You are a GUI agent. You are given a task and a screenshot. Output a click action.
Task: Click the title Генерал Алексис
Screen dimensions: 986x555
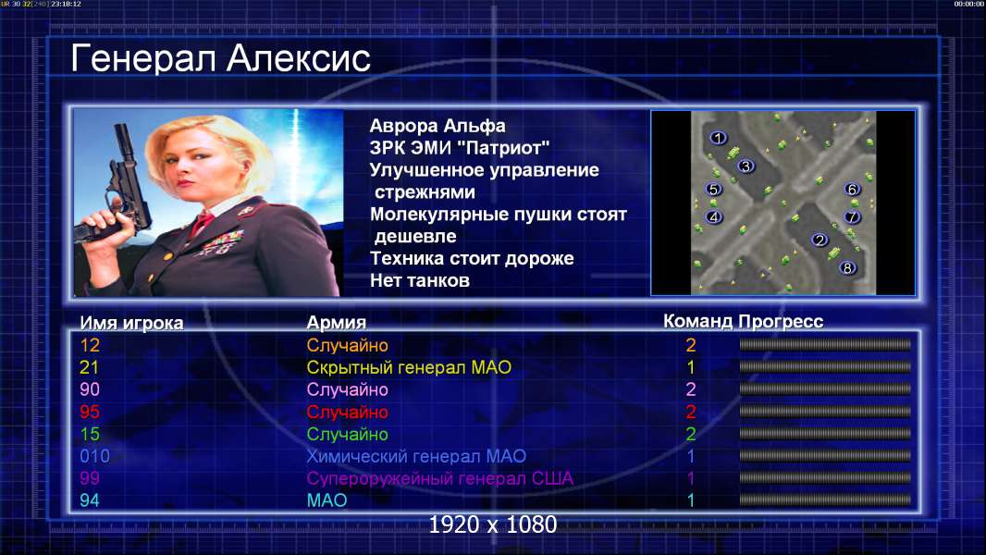[221, 58]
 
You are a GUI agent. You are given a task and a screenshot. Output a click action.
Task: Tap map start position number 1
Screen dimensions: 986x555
[718, 138]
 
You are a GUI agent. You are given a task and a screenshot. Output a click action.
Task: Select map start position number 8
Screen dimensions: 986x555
[847, 267]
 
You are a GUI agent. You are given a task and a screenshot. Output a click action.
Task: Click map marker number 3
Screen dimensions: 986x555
[746, 166]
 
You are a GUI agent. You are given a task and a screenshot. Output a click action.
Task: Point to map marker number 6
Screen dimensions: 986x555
[852, 189]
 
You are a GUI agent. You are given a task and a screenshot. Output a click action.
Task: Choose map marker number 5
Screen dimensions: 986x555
[713, 189]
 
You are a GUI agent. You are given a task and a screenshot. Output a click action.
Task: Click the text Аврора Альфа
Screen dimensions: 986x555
[437, 126]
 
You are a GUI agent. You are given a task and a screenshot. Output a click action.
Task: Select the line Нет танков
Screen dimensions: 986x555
[419, 280]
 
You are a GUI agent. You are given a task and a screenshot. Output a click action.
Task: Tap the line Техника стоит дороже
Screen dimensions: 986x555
[472, 258]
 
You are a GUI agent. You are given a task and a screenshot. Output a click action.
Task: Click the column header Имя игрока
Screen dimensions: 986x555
[131, 323]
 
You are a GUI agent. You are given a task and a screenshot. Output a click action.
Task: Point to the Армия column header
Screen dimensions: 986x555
[336, 323]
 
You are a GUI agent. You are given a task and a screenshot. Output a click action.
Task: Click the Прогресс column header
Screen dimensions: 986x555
[781, 321]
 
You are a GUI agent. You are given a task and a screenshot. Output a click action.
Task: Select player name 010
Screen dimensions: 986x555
[95, 456]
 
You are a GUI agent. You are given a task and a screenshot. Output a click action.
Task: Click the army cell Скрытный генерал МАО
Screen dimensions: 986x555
[409, 367]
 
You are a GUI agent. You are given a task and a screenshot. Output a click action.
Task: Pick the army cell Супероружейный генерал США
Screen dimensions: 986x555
[439, 478]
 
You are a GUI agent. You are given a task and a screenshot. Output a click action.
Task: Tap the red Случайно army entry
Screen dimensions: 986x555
[347, 413]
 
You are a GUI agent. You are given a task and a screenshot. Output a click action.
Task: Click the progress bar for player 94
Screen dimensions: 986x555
[825, 500]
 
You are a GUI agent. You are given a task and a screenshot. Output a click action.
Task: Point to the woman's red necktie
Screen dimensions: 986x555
[202, 223]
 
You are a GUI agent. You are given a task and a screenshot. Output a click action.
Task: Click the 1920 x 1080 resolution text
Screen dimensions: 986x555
[492, 524]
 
